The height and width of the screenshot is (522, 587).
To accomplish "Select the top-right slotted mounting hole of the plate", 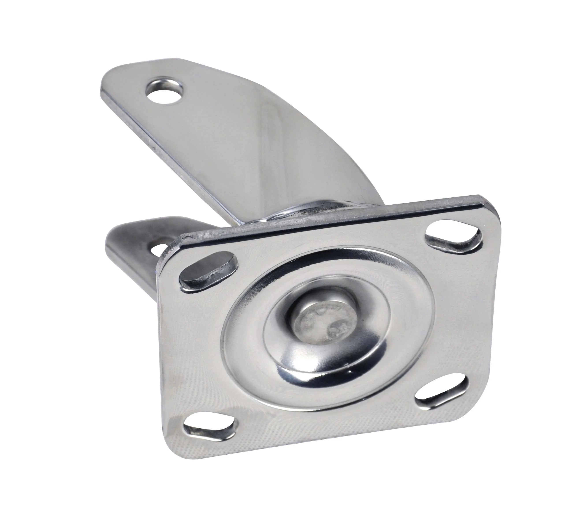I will pyautogui.click(x=453, y=236).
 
